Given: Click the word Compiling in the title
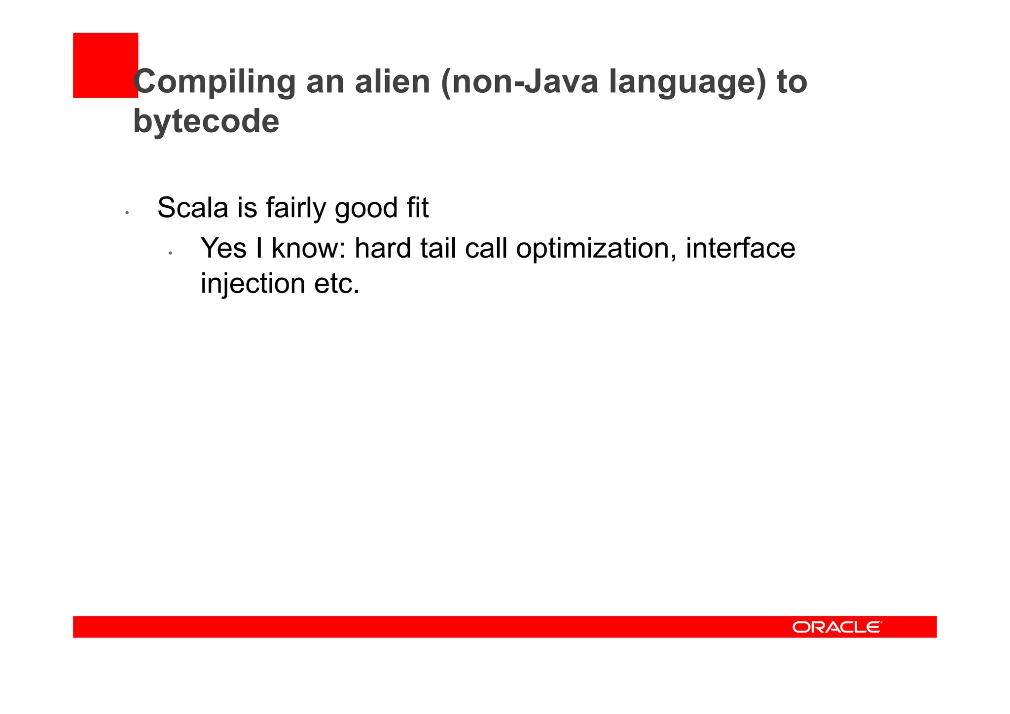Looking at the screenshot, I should pos(215,82).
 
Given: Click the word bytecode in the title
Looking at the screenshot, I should pos(206,121).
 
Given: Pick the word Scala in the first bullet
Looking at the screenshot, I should pos(193,208).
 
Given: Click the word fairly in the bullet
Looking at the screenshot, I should pos(295,208).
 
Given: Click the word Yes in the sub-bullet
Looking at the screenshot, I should pos(223,248).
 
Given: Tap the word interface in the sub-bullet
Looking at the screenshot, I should pos(740,248).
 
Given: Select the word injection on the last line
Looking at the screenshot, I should pos(253,284).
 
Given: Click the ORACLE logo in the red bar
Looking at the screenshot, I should pos(837,627).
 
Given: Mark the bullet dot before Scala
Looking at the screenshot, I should pos(127,213).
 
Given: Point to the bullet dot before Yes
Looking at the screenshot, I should pos(170,253).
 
